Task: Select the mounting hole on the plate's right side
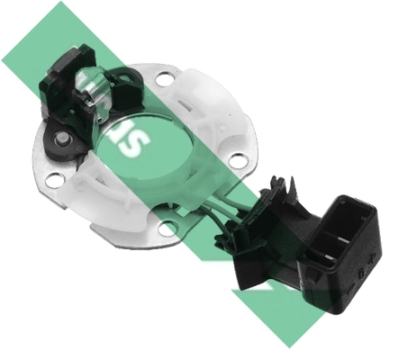(x=237, y=160)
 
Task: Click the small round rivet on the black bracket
(x=62, y=139)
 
